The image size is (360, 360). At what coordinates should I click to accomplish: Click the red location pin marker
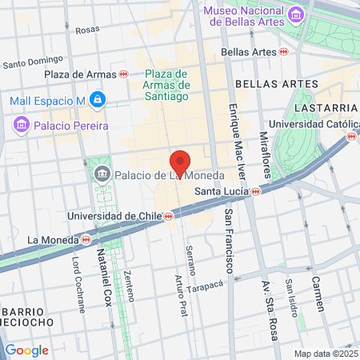pyautogui.click(x=181, y=163)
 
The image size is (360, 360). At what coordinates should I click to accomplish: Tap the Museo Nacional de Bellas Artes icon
pyautogui.click(x=295, y=14)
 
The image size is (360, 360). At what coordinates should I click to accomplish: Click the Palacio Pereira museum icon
pyautogui.click(x=21, y=124)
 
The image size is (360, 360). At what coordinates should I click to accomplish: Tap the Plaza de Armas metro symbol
pyautogui.click(x=123, y=74)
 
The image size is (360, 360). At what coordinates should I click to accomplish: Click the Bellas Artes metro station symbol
pyautogui.click(x=283, y=51)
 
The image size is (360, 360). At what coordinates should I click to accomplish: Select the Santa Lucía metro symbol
pyautogui.click(x=254, y=191)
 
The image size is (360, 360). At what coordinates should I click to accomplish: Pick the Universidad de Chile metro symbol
pyautogui.click(x=168, y=216)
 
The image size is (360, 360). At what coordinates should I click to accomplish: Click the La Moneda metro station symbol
pyautogui.click(x=86, y=238)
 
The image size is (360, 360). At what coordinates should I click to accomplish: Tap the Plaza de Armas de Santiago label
pyautogui.click(x=166, y=84)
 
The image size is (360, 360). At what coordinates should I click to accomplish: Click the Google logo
pyautogui.click(x=26, y=350)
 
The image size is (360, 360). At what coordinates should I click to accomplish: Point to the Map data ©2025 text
pyautogui.click(x=326, y=354)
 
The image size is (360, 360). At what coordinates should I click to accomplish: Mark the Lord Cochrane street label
pyautogui.click(x=78, y=285)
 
